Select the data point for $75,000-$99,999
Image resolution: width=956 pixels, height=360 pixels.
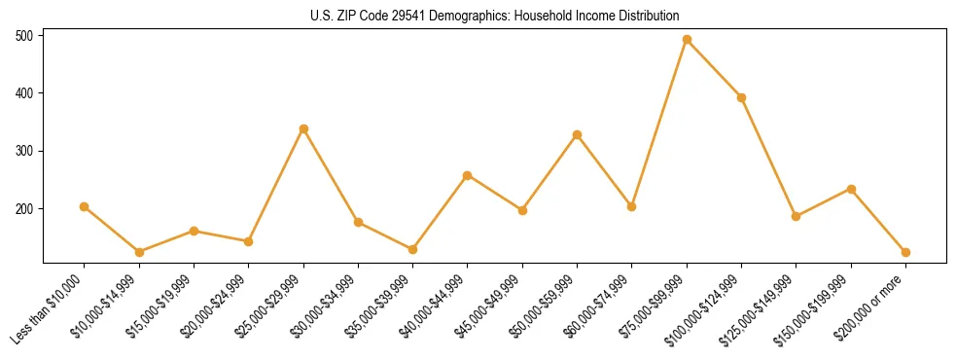[x=687, y=40]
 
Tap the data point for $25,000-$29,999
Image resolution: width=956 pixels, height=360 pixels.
[x=303, y=128]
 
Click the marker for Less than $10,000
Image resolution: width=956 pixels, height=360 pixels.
[x=85, y=206]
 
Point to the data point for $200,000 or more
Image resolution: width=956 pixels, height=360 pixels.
[x=905, y=252]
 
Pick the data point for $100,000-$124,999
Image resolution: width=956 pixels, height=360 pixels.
[x=741, y=97]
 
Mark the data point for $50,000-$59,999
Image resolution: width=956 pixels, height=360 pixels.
[x=578, y=134]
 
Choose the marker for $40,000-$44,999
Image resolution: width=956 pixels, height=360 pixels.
[x=468, y=175]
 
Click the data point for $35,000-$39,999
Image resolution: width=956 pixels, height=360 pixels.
[x=413, y=249]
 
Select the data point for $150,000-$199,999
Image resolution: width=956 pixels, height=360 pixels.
[x=851, y=189]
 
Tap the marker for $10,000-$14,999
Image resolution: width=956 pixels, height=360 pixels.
[x=139, y=252]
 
